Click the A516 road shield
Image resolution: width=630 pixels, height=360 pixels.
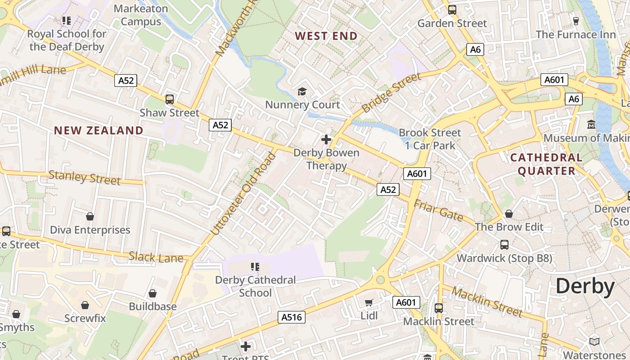pos(291,317)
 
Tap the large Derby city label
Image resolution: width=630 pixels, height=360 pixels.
pos(585,286)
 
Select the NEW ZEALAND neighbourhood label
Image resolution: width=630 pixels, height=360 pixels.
pos(99,130)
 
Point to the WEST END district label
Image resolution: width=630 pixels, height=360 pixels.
pos(326,36)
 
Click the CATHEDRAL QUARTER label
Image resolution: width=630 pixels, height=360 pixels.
pos(546,164)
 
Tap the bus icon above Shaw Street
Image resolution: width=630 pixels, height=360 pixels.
pos(170,99)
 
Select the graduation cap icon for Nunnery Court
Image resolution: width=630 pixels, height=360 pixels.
pos(302,92)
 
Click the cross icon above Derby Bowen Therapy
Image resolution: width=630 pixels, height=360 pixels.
pos(326,139)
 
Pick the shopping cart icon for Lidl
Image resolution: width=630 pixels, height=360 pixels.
pos(369,302)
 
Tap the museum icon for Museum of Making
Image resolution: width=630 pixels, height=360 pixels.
pos(591,124)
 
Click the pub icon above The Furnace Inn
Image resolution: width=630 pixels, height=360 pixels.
pos(576,21)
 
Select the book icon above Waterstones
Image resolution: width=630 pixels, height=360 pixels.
pos(594,342)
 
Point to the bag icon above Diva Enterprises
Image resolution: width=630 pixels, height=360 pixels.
pos(90,216)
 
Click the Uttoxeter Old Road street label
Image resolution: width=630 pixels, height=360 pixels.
pos(243,194)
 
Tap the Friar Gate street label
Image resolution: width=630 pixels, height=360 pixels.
pos(438,211)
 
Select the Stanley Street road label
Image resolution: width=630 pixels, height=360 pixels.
pos(84,177)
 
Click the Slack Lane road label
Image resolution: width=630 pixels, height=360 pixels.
pos(156,257)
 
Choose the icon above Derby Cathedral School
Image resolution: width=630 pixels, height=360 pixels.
pos(255,267)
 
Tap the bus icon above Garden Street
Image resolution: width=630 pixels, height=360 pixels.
pos(452,9)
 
